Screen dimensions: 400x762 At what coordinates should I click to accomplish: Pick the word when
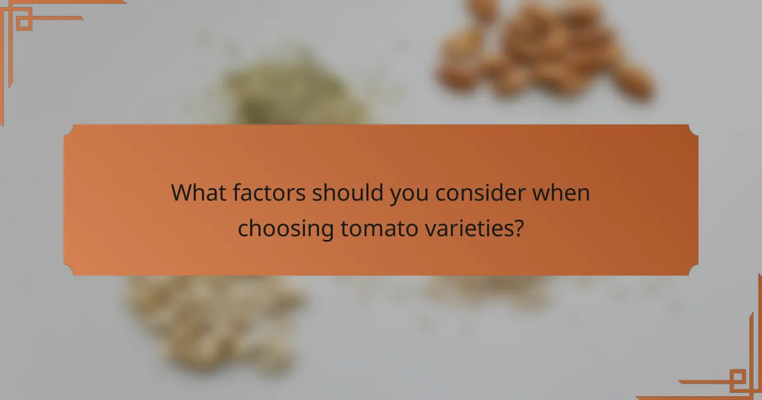click(561, 192)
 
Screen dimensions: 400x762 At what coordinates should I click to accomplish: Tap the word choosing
click(286, 228)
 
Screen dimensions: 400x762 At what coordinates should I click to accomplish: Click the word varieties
click(476, 228)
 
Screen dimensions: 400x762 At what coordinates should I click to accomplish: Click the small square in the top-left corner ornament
click(23, 22)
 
